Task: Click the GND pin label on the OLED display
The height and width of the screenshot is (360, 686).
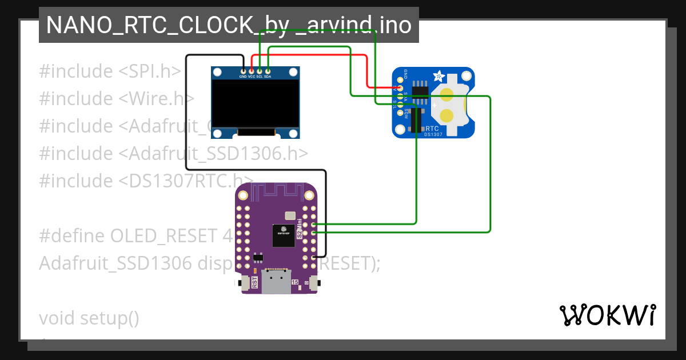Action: [243, 76]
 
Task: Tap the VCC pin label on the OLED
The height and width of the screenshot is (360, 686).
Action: [252, 76]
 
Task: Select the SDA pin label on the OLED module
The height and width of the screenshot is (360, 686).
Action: [268, 76]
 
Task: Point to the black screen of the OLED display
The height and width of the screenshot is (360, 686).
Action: [255, 103]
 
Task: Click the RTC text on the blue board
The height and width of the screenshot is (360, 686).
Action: [432, 129]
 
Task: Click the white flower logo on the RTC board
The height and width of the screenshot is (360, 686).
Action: [440, 76]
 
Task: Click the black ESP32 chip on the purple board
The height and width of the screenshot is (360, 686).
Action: [284, 235]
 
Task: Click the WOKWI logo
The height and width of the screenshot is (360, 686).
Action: [607, 315]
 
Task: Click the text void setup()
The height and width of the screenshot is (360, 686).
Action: [89, 318]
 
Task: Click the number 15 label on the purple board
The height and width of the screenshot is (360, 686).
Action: [295, 282]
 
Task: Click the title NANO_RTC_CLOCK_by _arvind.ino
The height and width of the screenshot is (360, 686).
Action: [229, 25]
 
